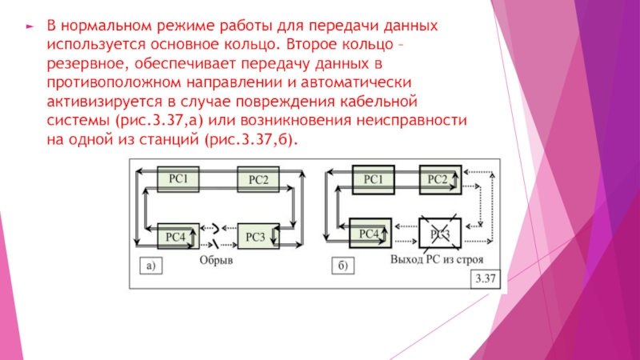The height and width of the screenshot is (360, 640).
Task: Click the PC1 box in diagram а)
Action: pyautogui.click(x=177, y=180)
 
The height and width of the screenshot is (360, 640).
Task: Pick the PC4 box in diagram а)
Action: pyautogui.click(x=175, y=236)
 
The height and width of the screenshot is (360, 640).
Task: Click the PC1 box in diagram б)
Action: pyautogui.click(x=374, y=180)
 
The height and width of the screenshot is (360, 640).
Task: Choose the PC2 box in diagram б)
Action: pyautogui.click(x=438, y=180)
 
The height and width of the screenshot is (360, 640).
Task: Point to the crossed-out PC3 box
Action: pyautogui.click(x=439, y=234)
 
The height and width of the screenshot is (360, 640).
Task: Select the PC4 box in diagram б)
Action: pyautogui.click(x=369, y=234)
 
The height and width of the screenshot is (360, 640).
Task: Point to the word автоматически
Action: pyautogui.click(x=356, y=83)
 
